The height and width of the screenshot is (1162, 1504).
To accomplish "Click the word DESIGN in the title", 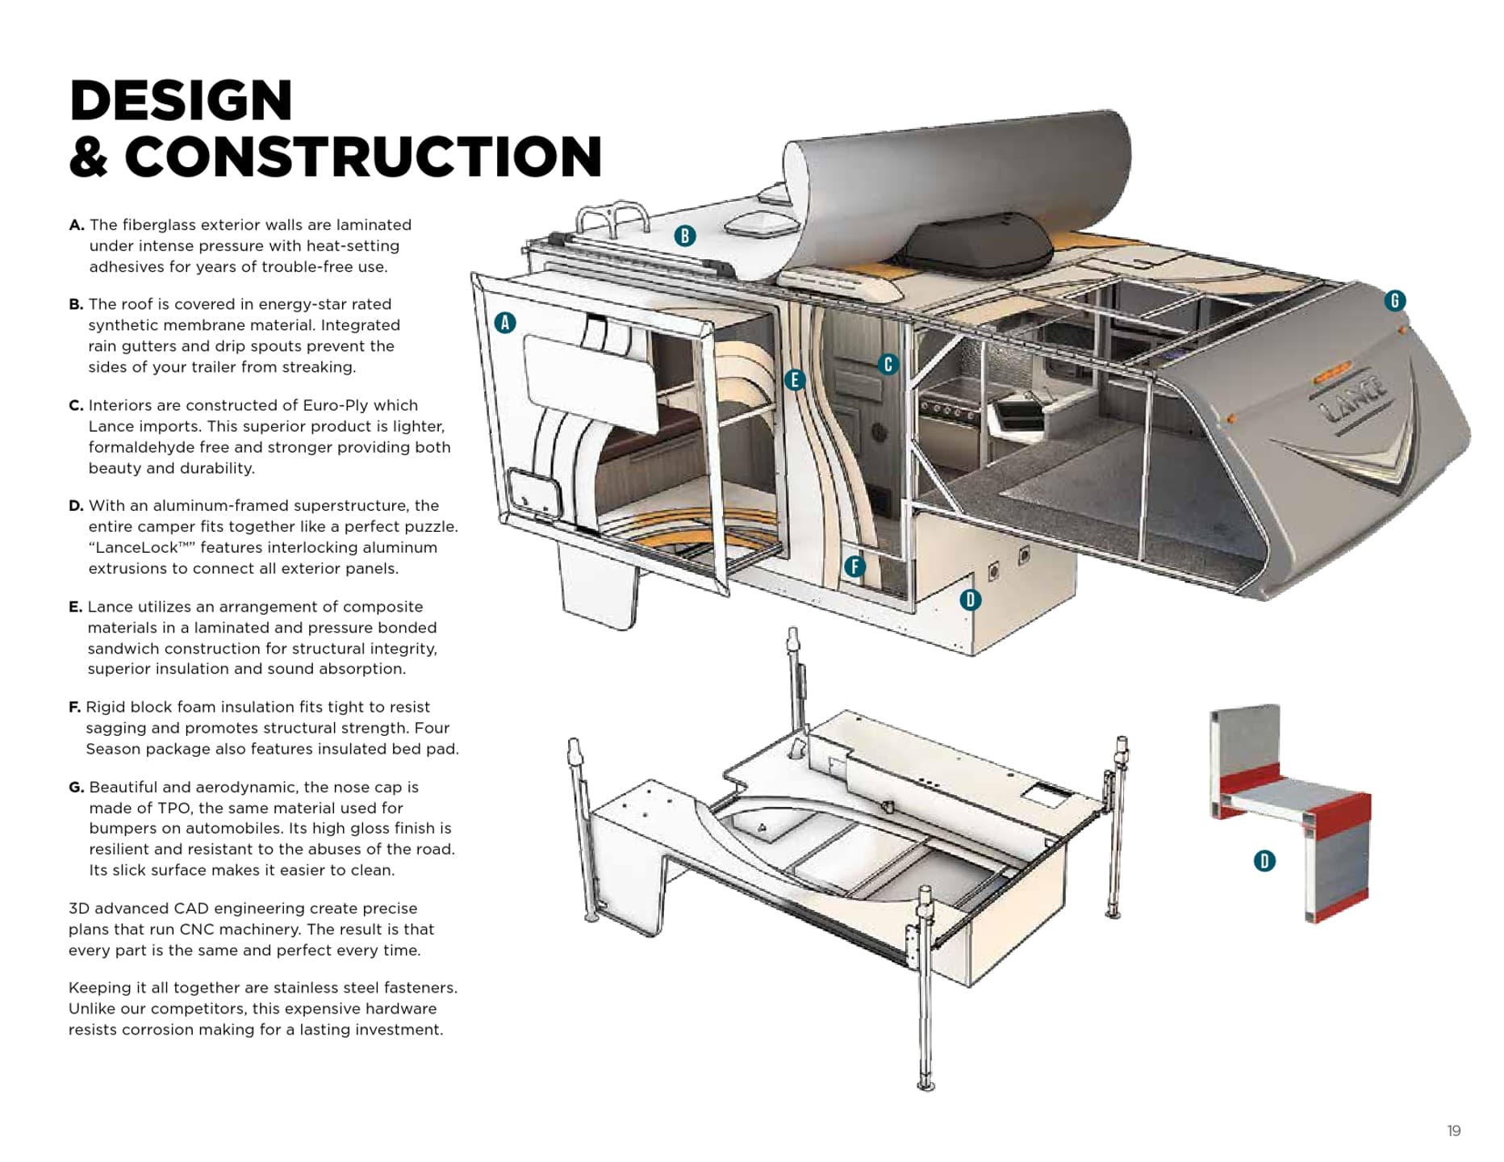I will (x=181, y=101).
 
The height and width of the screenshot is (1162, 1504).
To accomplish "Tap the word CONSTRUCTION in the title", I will (x=363, y=157).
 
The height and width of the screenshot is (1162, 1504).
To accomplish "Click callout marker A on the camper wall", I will (x=505, y=323).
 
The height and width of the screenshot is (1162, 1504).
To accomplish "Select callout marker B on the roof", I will (x=685, y=236).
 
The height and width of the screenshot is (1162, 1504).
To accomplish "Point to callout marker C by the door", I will (x=888, y=365).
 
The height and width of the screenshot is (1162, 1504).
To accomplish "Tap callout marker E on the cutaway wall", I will (x=795, y=380).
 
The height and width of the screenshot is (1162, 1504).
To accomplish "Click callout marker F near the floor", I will (x=854, y=566).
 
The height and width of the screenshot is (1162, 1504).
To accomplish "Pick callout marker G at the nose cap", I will (x=1395, y=301).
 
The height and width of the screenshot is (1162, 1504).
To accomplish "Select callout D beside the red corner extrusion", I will (x=1264, y=861).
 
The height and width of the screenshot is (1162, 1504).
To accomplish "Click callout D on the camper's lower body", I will (x=971, y=600).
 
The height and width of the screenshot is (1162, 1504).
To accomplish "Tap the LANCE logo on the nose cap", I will (x=1356, y=397).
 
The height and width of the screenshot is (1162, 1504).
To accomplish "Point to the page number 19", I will (x=1453, y=1131).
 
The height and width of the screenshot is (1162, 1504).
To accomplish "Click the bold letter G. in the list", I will (x=76, y=788).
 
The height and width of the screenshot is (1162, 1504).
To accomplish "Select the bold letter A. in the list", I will (x=77, y=225).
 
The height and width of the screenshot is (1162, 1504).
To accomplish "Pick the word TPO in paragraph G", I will (x=166, y=809).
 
